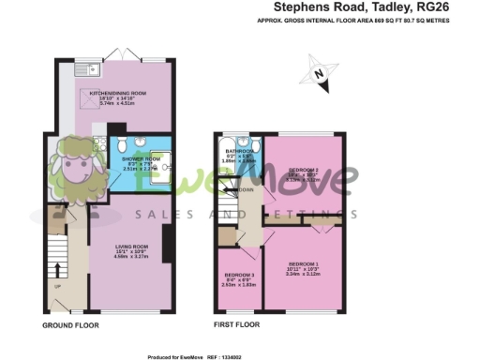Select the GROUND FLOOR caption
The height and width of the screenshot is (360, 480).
(x=70, y=325)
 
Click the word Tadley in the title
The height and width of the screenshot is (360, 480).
(x=383, y=7)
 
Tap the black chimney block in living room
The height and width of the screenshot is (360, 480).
(x=166, y=247)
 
